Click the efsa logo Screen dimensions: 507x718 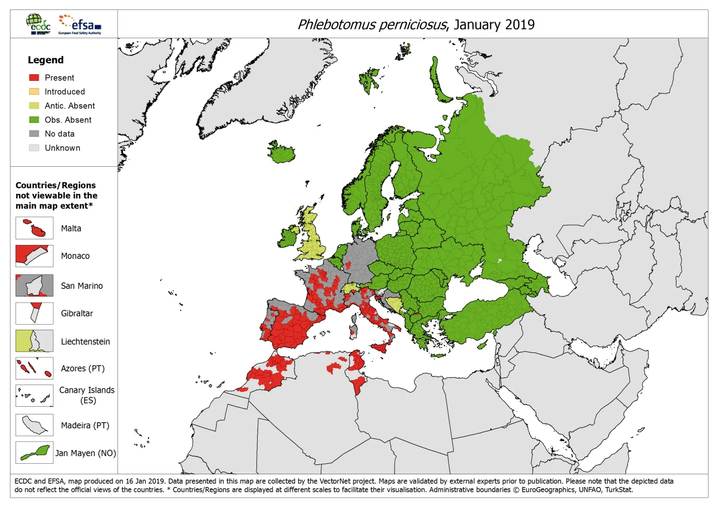pyautogui.click(x=80, y=24)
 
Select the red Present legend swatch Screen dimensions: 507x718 pyautogui.click(x=34, y=78)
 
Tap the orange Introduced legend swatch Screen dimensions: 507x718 pyautogui.click(x=34, y=91)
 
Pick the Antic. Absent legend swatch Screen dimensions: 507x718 pyautogui.click(x=34, y=106)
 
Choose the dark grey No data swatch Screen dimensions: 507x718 pyautogui.click(x=34, y=134)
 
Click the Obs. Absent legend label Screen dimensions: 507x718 pyautogui.click(x=68, y=120)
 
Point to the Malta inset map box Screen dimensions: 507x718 pyautogui.click(x=34, y=228)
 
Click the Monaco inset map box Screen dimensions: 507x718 pyautogui.click(x=34, y=256)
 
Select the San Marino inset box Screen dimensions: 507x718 pyautogui.click(x=34, y=285)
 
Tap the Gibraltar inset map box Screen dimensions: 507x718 pyautogui.click(x=34, y=313)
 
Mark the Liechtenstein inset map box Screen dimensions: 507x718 pyautogui.click(x=34, y=341)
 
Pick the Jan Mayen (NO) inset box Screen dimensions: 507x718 pyautogui.click(x=34, y=453)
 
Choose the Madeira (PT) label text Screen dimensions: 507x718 pyautogui.click(x=85, y=426)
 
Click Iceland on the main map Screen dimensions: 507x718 pyautogui.click(x=282, y=154)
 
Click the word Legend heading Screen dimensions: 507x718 pyautogui.click(x=46, y=60)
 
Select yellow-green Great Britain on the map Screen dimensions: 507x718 pyautogui.click(x=313, y=238)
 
